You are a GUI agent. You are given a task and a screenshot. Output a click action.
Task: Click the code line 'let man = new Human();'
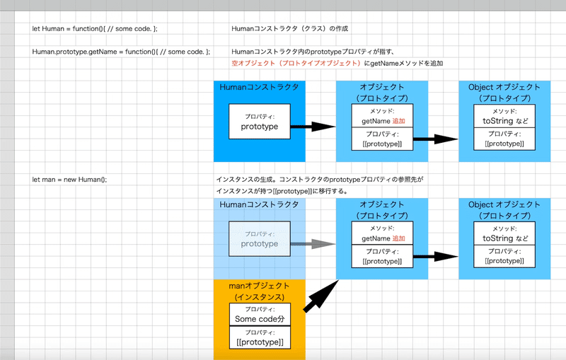pyautogui.click(x=69, y=179)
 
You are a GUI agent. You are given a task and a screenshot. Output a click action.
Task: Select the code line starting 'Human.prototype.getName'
pyautogui.click(x=121, y=52)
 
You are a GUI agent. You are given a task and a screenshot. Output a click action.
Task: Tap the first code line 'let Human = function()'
pyautogui.click(x=95, y=28)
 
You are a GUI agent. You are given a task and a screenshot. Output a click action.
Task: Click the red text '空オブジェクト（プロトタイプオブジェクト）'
pyautogui.click(x=296, y=63)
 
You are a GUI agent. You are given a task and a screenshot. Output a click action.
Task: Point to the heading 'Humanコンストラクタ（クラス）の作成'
pyautogui.click(x=290, y=28)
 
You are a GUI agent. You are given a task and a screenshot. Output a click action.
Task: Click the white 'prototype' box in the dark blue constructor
pyautogui.click(x=260, y=122)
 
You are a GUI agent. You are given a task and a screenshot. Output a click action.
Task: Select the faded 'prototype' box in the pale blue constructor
pyautogui.click(x=260, y=239)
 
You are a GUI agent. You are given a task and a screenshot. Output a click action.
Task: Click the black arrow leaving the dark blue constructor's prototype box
pyautogui.click(x=313, y=127)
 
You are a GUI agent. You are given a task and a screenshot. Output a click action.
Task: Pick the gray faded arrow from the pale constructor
pyautogui.click(x=313, y=244)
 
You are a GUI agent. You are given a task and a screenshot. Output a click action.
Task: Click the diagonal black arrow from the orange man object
pyautogui.click(x=321, y=296)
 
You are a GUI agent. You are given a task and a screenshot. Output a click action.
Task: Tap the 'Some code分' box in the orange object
pyautogui.click(x=260, y=314)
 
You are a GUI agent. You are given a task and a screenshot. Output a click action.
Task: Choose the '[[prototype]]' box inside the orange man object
pyautogui.click(x=260, y=337)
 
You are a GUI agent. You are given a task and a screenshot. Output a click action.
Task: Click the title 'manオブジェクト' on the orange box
pyautogui.click(x=259, y=286)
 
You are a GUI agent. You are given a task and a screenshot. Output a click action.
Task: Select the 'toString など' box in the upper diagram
pyautogui.click(x=504, y=116)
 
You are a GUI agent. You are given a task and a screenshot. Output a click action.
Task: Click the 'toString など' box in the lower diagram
pyautogui.click(x=504, y=233)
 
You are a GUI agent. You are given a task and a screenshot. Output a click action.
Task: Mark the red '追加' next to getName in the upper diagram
pyautogui.click(x=398, y=121)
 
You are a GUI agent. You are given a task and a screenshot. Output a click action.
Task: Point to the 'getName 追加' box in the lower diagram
pyautogui.click(x=382, y=233)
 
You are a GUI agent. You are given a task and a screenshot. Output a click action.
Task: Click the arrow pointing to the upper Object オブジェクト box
pyautogui.click(x=436, y=139)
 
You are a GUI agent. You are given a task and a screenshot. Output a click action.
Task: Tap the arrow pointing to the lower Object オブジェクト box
pyautogui.click(x=436, y=257)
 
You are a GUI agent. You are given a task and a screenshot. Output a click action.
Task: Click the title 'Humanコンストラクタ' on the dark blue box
pyautogui.click(x=259, y=87)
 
